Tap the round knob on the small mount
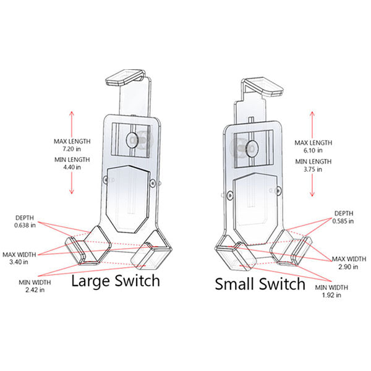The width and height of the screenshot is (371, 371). [251, 148]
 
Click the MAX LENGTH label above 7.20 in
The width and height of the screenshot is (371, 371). [72, 141]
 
